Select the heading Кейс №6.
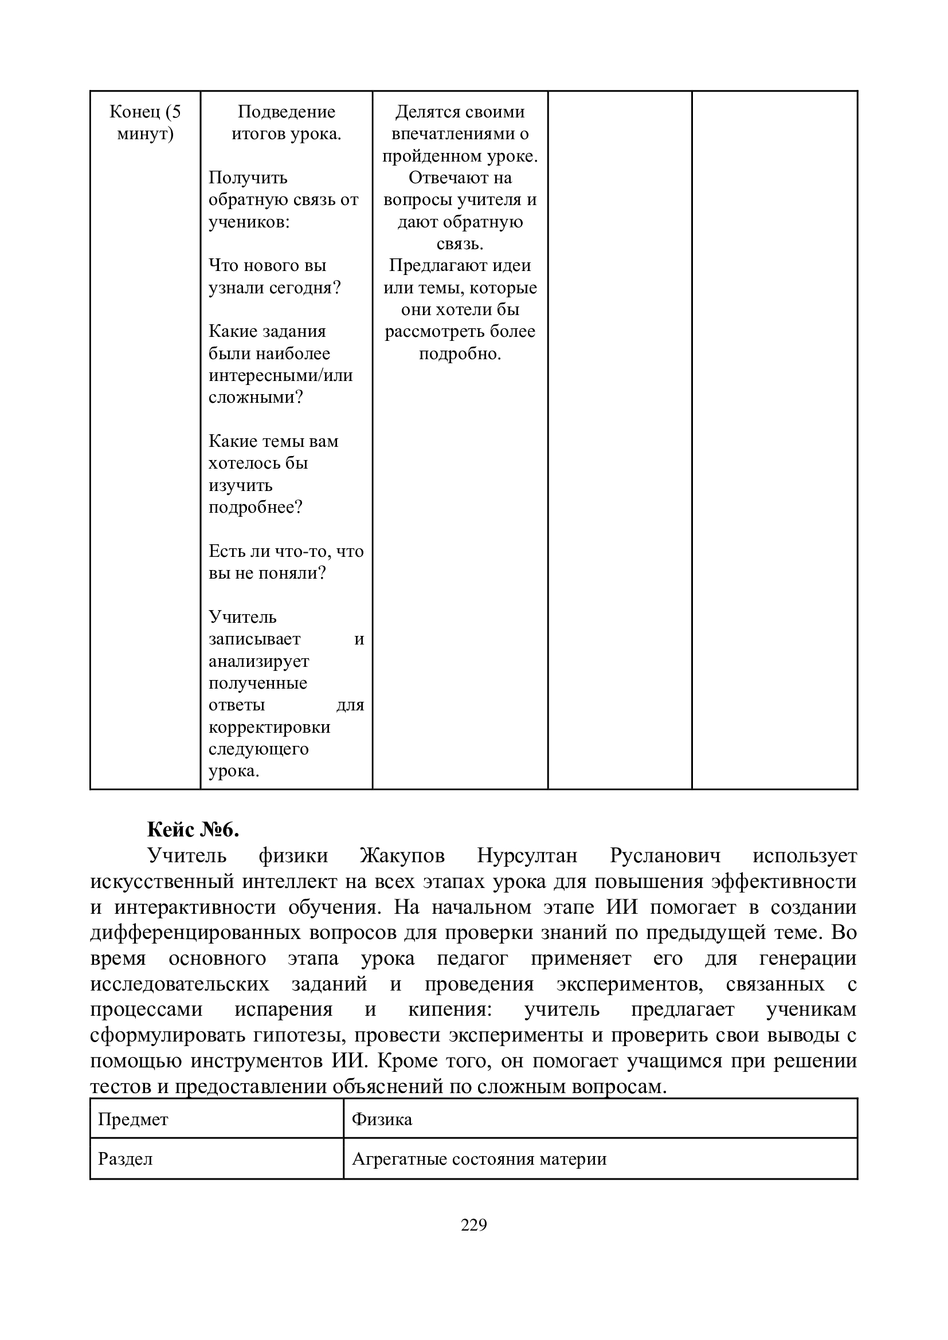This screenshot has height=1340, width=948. pyautogui.click(x=193, y=829)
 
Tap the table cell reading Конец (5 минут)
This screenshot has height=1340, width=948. pyautogui.click(x=146, y=123)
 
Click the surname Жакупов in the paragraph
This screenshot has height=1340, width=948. pyautogui.click(x=402, y=855)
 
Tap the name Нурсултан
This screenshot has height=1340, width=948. pyautogui.click(x=527, y=855)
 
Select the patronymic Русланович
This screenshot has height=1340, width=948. pyautogui.click(x=665, y=855)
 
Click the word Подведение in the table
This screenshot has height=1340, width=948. pyautogui.click(x=286, y=112)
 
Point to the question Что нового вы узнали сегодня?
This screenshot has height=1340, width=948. pyautogui.click(x=275, y=277)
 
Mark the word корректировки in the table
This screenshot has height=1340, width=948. pyautogui.click(x=269, y=727)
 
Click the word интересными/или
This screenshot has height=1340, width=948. pyautogui.click(x=281, y=375)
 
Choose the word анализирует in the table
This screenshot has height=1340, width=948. pyautogui.click(x=258, y=661)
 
